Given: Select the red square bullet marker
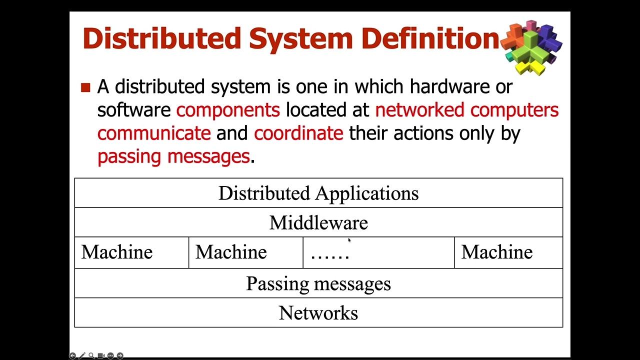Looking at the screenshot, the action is (85, 88).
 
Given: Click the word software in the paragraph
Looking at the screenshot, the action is (133, 110).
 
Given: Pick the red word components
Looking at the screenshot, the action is (228, 110).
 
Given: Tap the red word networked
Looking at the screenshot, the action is (419, 110).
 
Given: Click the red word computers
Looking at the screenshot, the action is (514, 110).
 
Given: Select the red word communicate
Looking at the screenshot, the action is (154, 133).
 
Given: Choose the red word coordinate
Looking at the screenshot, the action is (298, 133).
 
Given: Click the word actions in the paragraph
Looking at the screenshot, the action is (421, 133).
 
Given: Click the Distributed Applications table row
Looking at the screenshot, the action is (318, 193).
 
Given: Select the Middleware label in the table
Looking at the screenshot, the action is (318, 223).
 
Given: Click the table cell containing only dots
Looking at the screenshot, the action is (378, 253).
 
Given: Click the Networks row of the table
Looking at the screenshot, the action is (318, 313).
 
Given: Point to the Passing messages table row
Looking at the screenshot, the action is (318, 284).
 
